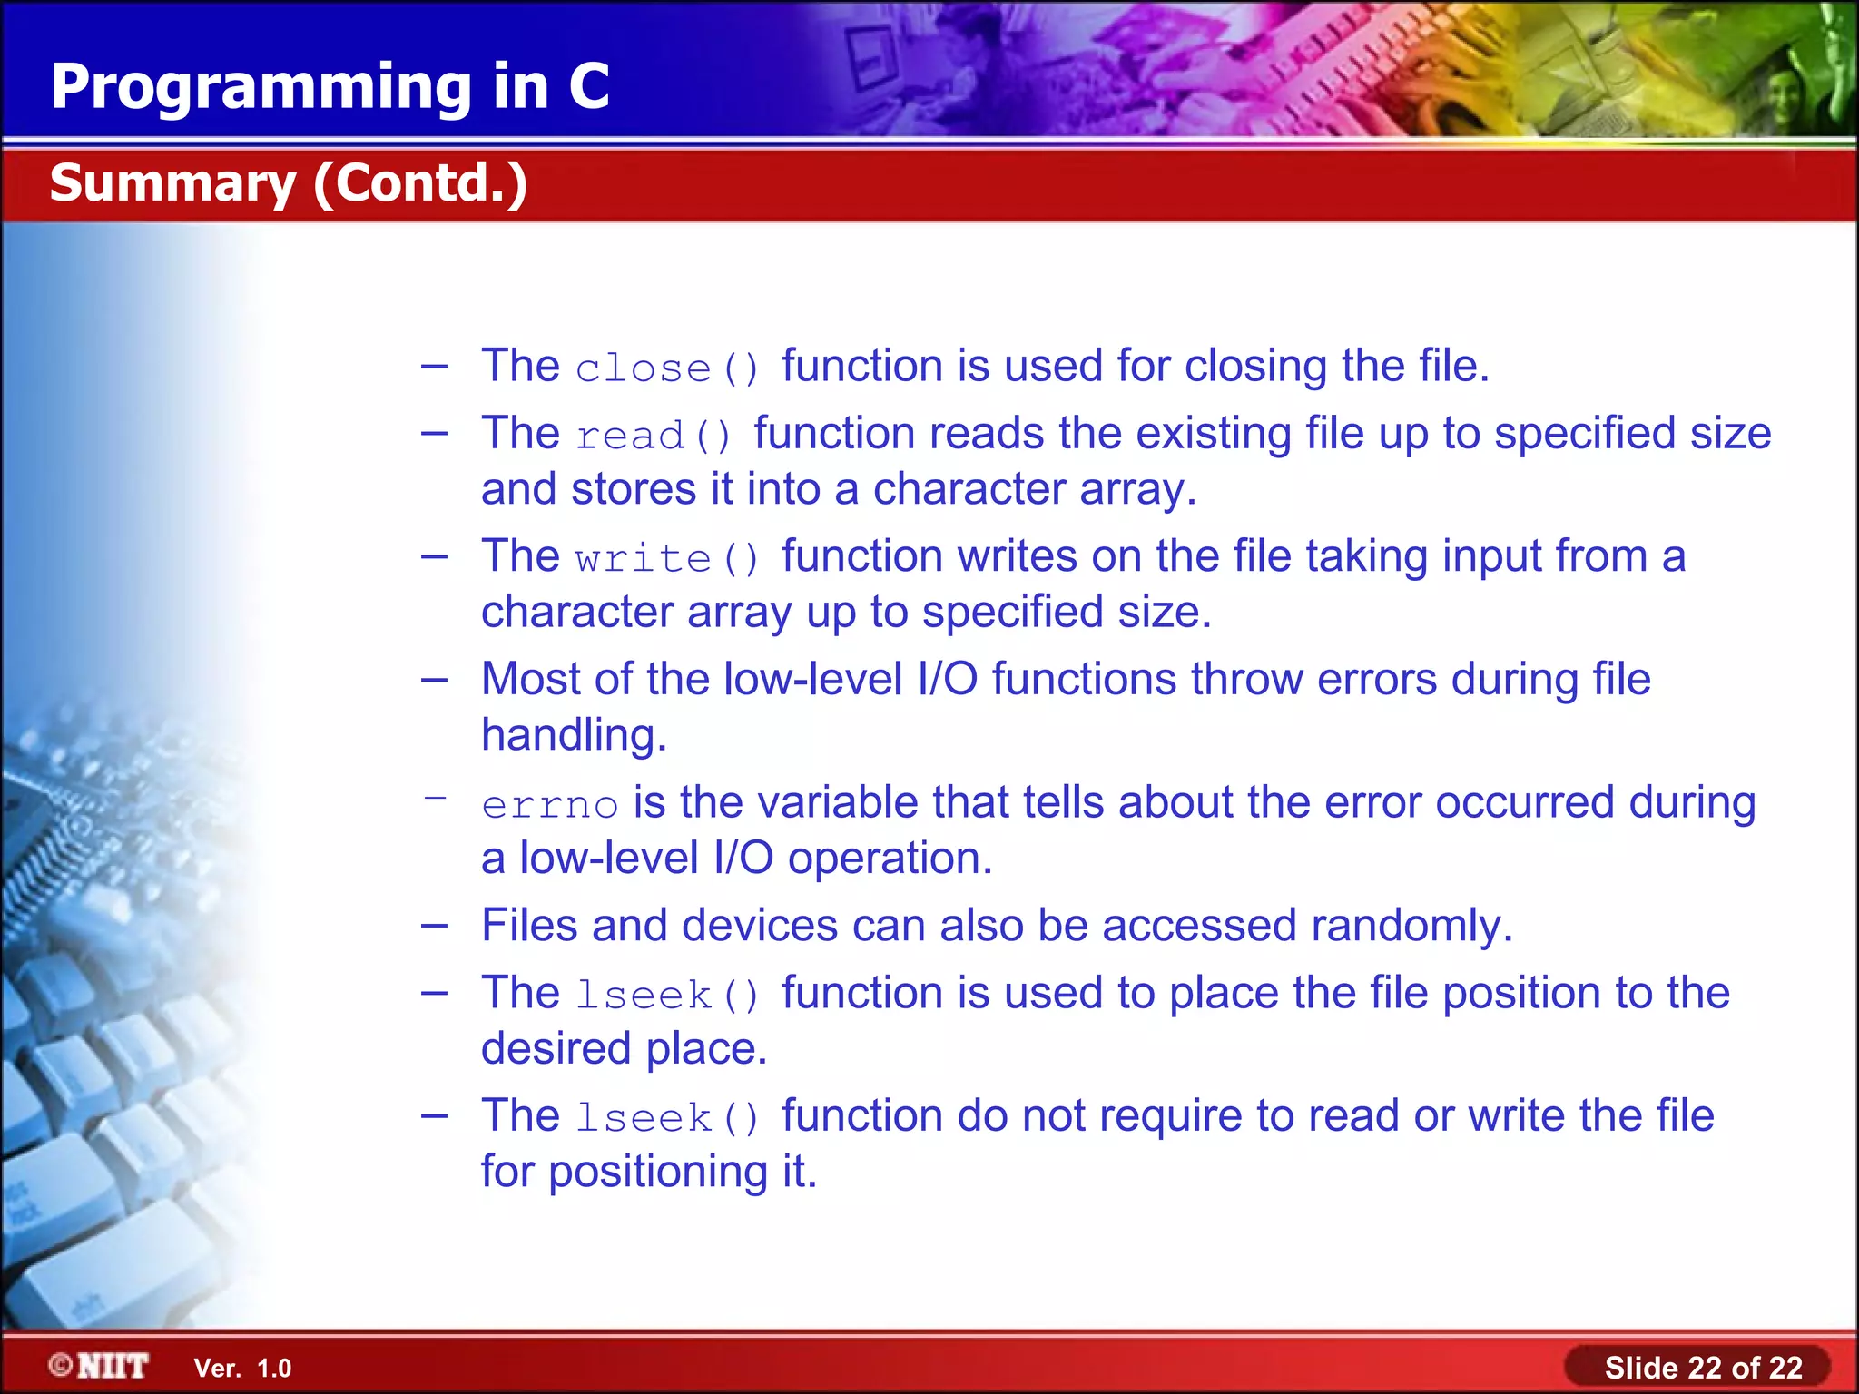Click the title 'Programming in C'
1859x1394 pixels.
click(x=330, y=87)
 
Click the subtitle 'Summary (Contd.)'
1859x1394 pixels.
click(x=289, y=183)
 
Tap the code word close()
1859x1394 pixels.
click(x=667, y=368)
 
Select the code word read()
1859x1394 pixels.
click(x=654, y=436)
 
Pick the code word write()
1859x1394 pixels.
click(x=667, y=558)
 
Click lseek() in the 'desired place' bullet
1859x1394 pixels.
click(x=667, y=996)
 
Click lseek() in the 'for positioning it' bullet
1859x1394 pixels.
click(x=667, y=1118)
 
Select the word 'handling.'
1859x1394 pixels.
click(x=574, y=735)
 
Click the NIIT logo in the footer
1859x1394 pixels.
click(x=100, y=1366)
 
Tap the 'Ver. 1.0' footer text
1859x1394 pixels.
click(x=242, y=1369)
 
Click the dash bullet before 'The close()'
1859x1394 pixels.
click(x=435, y=367)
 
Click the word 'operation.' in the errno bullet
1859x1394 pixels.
click(x=890, y=859)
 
